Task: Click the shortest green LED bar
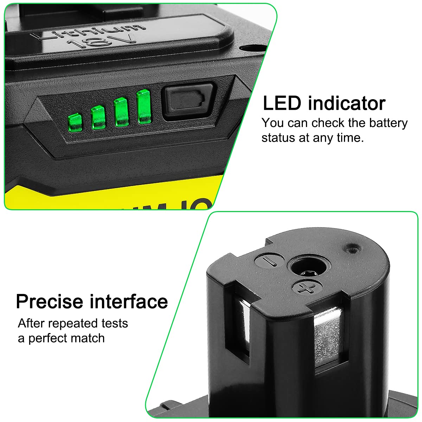click(75, 122)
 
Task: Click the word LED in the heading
click(282, 103)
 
